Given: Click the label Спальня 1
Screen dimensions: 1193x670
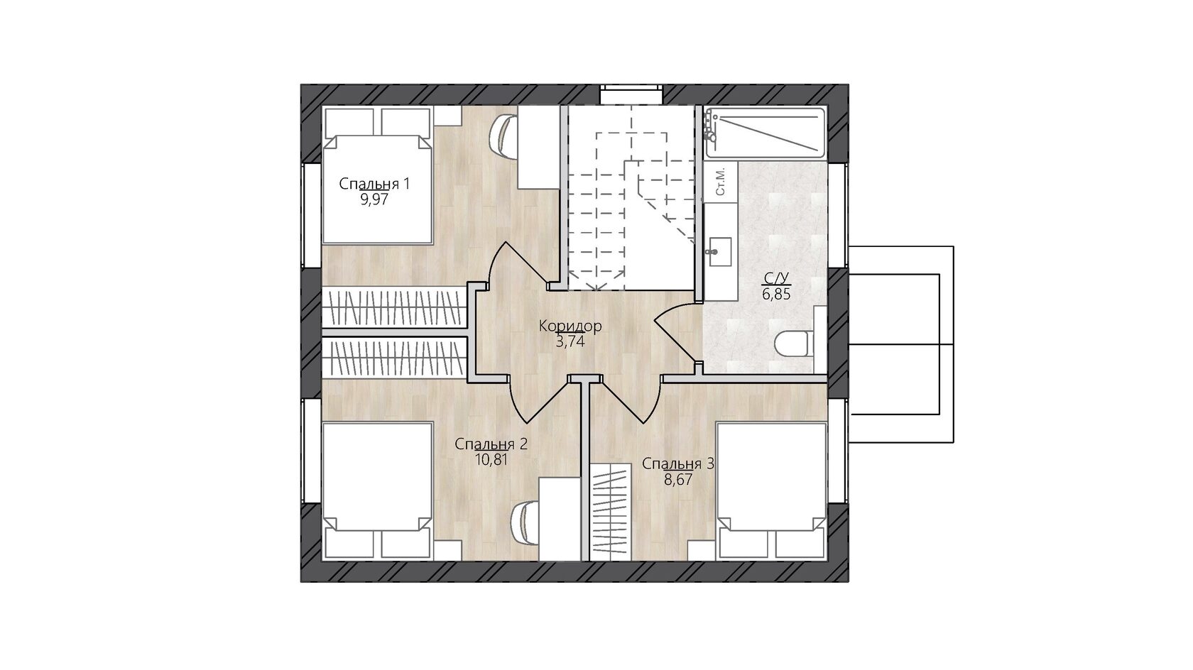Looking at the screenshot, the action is coord(374,184).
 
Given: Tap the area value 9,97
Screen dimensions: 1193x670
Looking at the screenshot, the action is coord(374,199).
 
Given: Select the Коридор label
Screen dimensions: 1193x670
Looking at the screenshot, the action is coord(570,326).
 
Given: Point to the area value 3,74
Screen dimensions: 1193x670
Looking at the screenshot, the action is coord(570,341).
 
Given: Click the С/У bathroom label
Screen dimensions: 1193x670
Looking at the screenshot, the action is coord(776,278).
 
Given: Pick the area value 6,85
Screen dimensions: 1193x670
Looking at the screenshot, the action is coord(776,295).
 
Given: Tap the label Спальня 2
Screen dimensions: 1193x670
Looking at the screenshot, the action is coord(491,444).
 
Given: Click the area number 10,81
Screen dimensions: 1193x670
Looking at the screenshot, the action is coord(491,460).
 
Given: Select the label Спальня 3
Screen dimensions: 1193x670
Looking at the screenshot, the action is coord(678,464).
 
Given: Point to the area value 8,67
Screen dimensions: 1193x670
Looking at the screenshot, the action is coord(678,480).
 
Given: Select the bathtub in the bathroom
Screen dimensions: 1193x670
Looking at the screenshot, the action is coord(766,133).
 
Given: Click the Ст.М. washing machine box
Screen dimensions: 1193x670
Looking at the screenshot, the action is coord(720,182).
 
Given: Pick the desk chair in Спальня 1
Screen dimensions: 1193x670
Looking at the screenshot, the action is coord(502,137).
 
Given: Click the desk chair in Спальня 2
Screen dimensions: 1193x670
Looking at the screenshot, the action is coord(525,523).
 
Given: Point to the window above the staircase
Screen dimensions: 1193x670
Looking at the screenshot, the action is coord(631,94).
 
